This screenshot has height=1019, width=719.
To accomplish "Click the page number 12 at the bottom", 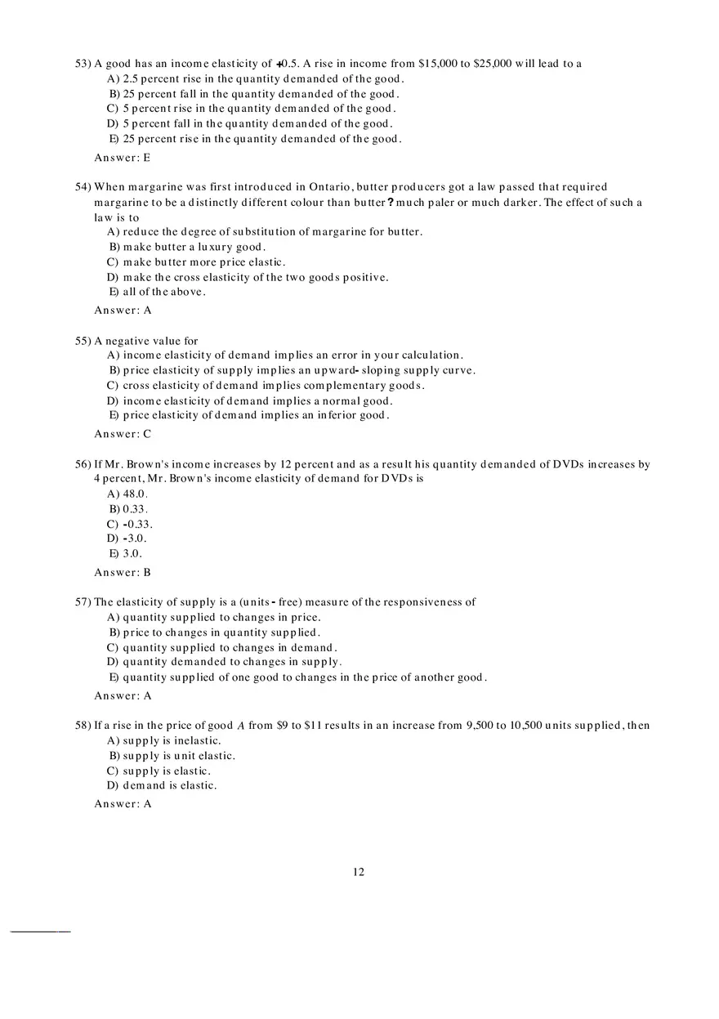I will (x=359, y=872).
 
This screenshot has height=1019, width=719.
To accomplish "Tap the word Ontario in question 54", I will (x=331, y=187).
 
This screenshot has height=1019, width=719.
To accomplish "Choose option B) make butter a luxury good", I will (x=187, y=247).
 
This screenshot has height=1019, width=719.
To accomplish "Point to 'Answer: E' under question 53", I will (x=123, y=158).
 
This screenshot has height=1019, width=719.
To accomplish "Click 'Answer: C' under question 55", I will (x=123, y=434).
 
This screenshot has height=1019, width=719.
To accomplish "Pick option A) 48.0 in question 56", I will (x=127, y=494).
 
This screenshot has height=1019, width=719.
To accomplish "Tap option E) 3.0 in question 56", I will (x=126, y=553).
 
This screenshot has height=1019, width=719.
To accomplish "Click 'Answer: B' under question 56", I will (x=123, y=573).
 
